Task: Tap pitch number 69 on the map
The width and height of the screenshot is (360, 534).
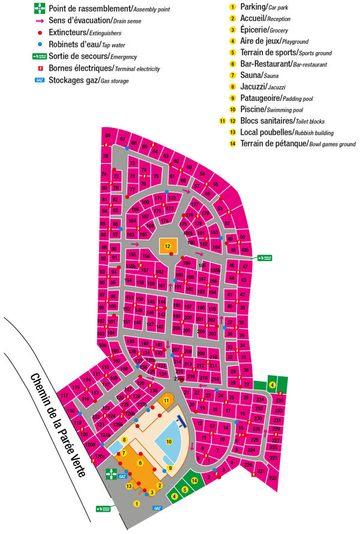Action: point(108,136)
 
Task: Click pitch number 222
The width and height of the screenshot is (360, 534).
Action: point(273,478)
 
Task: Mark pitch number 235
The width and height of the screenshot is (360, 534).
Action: point(279,400)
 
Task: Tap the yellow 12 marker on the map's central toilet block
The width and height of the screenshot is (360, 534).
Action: point(168,246)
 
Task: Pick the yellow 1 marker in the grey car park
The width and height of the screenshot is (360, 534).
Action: point(137,503)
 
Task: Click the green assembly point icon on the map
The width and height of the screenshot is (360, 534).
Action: point(111,474)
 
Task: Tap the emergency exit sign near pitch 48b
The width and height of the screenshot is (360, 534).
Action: point(265,258)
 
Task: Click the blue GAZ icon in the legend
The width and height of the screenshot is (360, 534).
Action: point(40,80)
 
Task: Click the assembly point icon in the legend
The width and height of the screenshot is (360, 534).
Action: point(40,8)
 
